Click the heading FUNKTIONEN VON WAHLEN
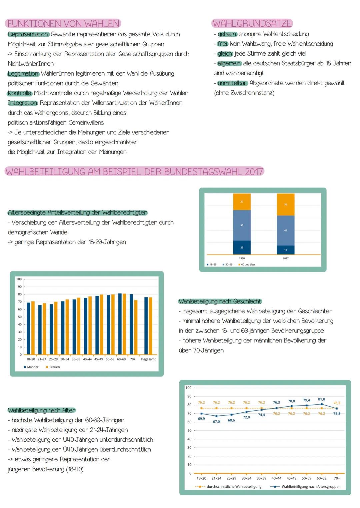coord(63,24)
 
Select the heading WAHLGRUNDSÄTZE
coord(252,23)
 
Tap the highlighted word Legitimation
coord(23,74)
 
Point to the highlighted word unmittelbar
coord(232,83)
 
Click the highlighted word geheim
coord(227,34)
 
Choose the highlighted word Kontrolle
coord(20,93)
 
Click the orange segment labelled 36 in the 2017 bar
coord(286,205)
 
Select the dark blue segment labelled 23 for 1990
coord(242,248)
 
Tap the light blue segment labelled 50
coord(242,225)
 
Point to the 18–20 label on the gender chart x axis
coord(31,359)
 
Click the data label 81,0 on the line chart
coord(321,399)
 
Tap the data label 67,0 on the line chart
coord(216,422)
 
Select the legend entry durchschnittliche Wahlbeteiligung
coord(234,487)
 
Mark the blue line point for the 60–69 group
coord(322,404)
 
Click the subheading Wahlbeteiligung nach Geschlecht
coord(220,301)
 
